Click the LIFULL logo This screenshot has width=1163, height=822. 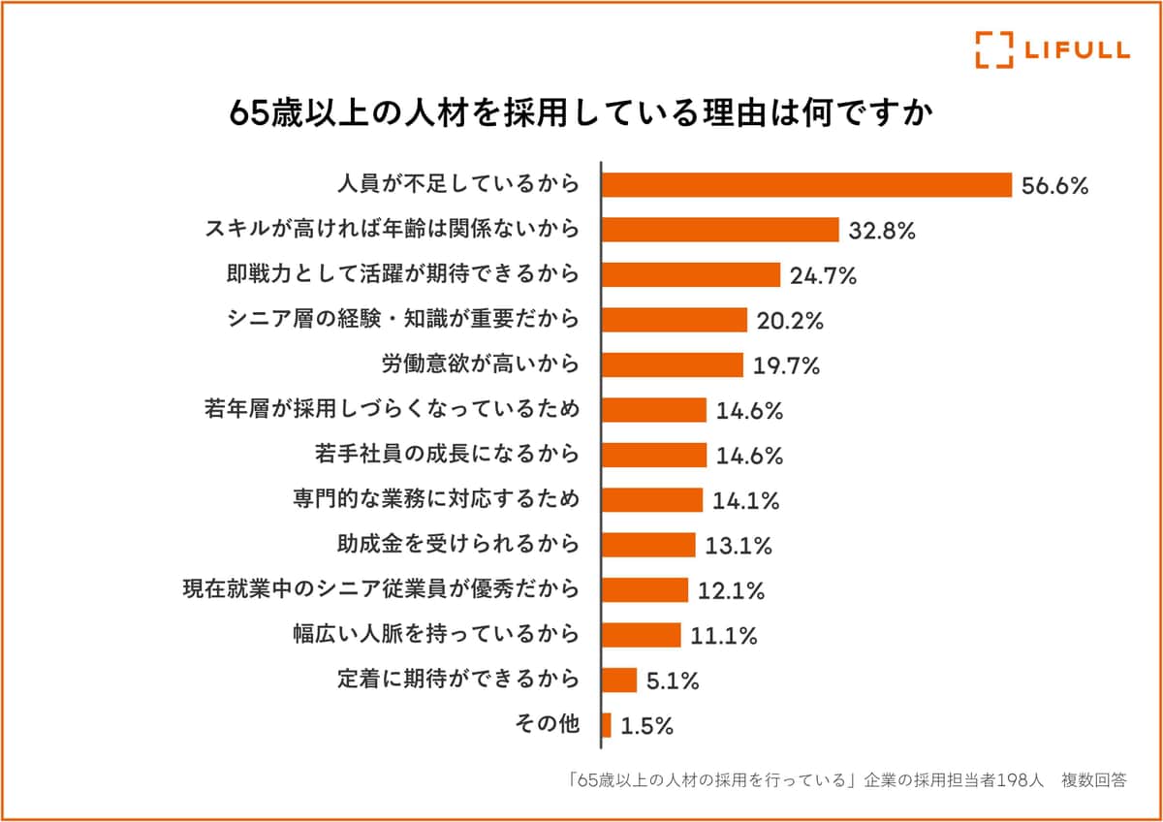(x=1052, y=49)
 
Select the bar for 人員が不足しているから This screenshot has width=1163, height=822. (x=806, y=184)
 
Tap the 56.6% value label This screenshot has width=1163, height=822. (x=1055, y=185)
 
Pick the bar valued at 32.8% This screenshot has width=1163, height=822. (x=720, y=230)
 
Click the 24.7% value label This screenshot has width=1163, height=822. (x=823, y=275)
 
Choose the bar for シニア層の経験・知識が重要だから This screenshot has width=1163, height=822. (x=675, y=320)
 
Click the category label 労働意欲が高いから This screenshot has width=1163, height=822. (x=481, y=364)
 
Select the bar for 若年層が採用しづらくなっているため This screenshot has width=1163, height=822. (x=654, y=410)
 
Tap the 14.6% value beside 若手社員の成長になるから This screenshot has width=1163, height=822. (x=749, y=456)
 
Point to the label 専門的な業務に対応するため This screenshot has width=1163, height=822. (x=436, y=500)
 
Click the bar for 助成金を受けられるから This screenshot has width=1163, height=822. (x=648, y=545)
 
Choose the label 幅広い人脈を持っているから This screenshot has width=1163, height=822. (x=436, y=635)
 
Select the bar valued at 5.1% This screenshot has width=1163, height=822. (x=619, y=680)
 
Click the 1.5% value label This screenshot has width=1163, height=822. (x=646, y=726)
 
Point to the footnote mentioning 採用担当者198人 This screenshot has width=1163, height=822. (x=847, y=779)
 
